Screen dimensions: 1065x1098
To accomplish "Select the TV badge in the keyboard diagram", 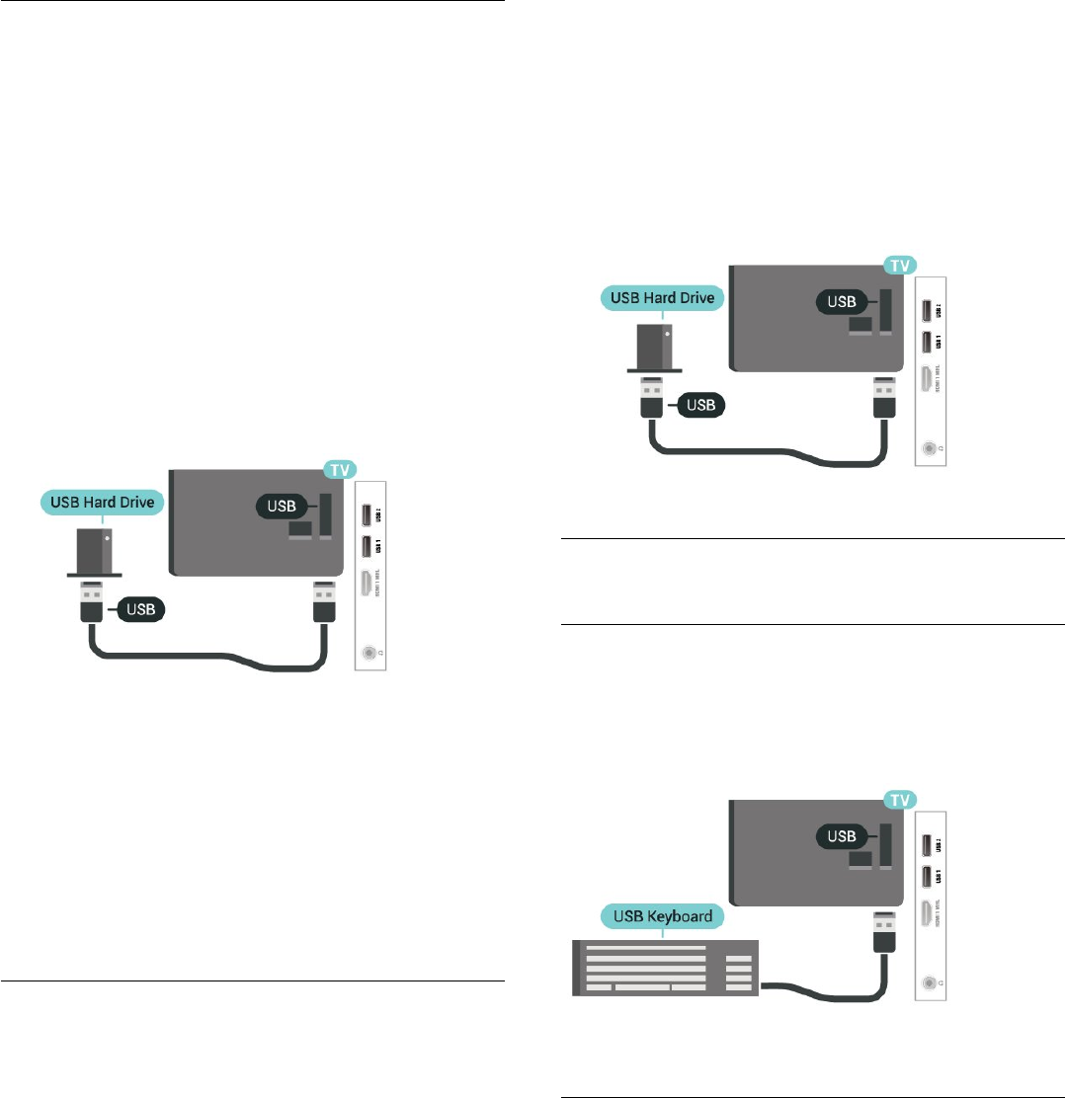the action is tap(899, 799).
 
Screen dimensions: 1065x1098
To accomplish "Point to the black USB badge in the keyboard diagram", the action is tap(842, 836).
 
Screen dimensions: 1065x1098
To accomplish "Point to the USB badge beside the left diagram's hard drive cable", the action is tap(141, 609).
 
